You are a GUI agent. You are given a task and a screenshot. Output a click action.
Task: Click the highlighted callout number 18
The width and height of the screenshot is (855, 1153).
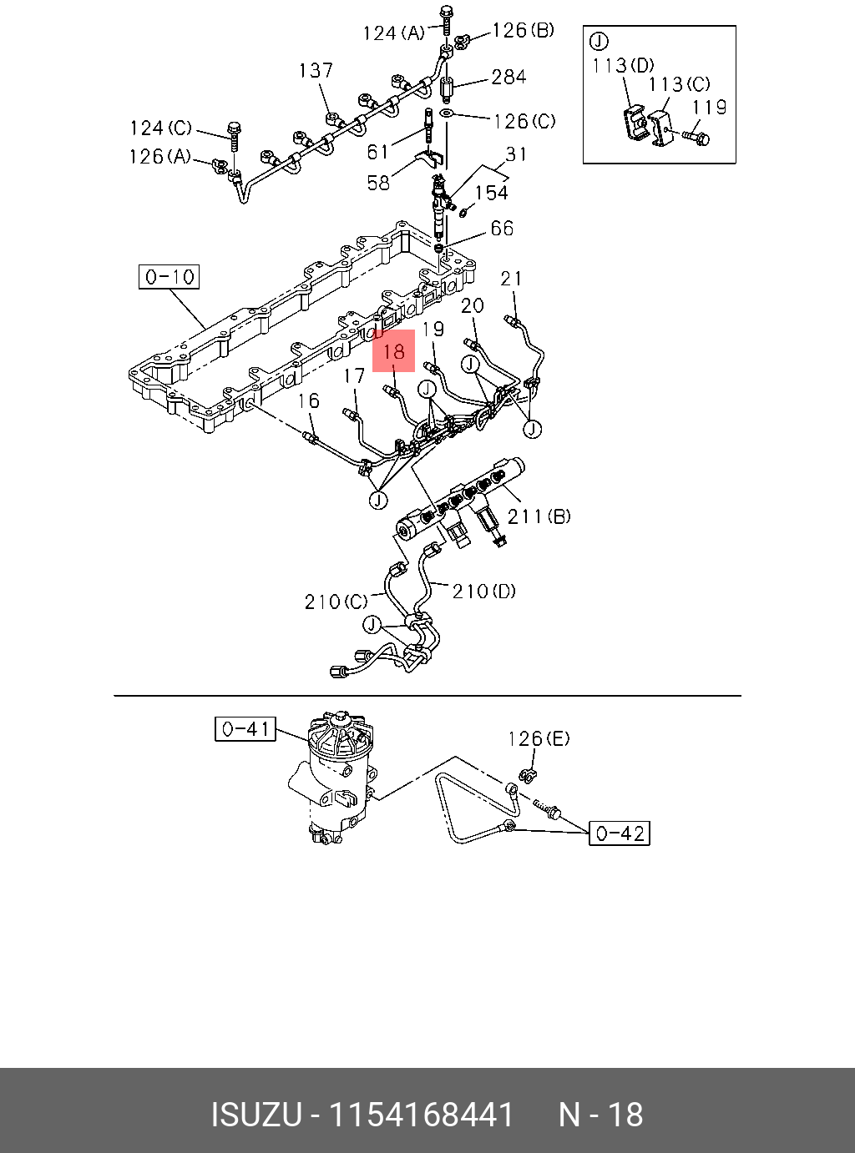click(x=393, y=350)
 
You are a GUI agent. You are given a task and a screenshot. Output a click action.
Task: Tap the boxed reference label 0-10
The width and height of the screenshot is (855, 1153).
click(x=169, y=277)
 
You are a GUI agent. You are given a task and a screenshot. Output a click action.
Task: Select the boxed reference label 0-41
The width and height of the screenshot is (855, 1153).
click(x=245, y=729)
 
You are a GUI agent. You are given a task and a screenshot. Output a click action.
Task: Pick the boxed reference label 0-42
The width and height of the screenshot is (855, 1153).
click(x=619, y=833)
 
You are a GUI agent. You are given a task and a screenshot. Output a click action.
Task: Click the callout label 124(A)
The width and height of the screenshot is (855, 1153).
click(x=393, y=33)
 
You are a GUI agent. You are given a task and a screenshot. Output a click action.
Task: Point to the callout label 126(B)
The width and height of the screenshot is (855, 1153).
click(x=523, y=31)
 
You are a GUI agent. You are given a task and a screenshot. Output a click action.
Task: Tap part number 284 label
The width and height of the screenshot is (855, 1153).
click(x=508, y=78)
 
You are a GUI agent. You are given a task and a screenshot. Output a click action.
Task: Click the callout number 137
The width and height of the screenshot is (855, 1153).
click(x=316, y=71)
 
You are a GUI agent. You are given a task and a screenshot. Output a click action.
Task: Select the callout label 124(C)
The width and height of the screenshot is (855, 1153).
click(x=160, y=128)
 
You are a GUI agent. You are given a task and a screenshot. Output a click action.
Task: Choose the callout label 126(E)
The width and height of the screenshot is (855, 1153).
click(x=539, y=738)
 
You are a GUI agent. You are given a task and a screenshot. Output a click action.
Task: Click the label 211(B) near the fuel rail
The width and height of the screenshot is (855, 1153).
click(x=539, y=516)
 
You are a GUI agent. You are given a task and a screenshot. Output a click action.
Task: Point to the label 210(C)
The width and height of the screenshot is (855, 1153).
click(x=336, y=602)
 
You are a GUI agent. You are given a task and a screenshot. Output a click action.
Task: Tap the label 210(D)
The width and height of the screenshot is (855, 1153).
click(x=484, y=592)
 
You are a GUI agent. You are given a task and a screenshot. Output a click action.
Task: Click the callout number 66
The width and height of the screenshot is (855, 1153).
click(x=502, y=229)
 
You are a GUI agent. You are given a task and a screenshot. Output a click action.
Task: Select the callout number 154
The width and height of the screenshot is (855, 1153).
click(x=491, y=193)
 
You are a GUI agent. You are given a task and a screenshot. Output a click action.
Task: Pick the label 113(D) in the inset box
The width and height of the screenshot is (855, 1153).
click(x=623, y=65)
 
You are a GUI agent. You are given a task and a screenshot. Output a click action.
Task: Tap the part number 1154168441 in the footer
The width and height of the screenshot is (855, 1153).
click(x=422, y=1115)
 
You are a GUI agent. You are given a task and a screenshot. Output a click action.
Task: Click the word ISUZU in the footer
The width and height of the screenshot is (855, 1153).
click(x=255, y=1115)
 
